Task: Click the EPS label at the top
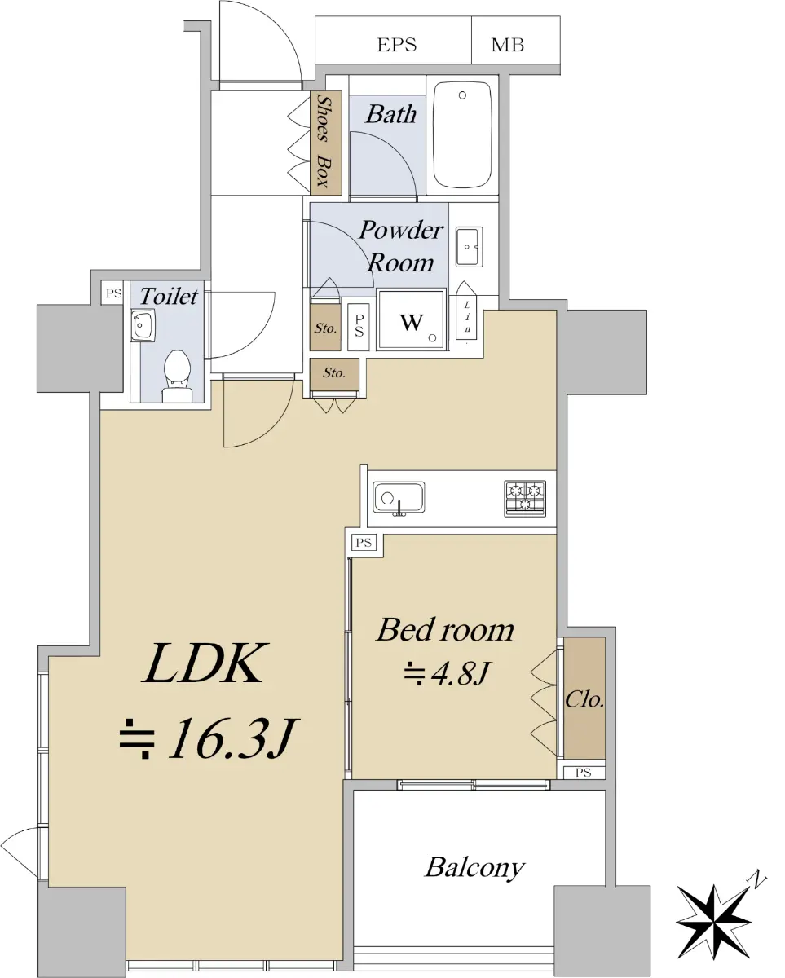pos(396,45)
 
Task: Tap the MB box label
pos(507,45)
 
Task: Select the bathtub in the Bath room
pos(462,134)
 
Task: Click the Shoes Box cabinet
pos(326,143)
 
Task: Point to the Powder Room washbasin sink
pos(469,247)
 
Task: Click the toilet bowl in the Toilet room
pos(177,376)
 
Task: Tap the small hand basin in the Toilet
pos(143,325)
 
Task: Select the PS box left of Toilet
pos(112,293)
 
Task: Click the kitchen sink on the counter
pos(399,498)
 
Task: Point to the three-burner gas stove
pos(525,499)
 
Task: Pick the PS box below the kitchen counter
pos(364,542)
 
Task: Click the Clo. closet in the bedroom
pos(584,698)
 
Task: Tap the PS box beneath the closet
pos(584,773)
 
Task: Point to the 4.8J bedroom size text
pos(446,673)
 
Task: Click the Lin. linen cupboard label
pos(467,317)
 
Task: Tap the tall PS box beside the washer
pos(359,326)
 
